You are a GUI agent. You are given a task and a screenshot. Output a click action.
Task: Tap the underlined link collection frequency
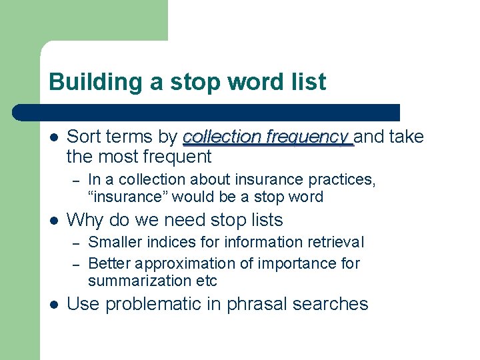pyautogui.click(x=267, y=137)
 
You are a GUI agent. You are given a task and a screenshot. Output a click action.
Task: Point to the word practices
pyautogui.click(x=340, y=180)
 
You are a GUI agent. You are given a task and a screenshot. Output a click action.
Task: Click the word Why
pyautogui.click(x=85, y=220)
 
